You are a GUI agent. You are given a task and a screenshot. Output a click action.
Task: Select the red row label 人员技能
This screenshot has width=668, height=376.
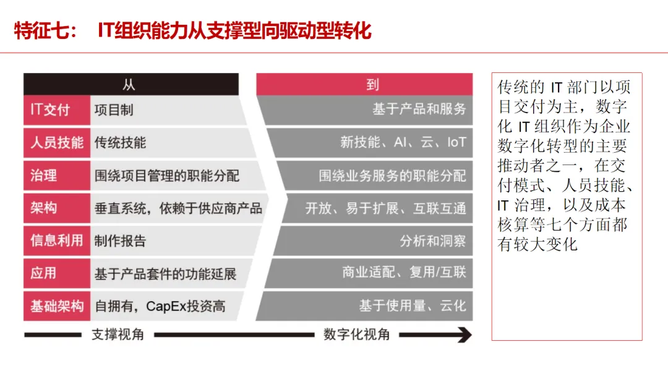click(56, 143)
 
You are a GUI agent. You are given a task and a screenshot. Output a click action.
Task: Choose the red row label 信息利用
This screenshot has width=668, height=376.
click(56, 241)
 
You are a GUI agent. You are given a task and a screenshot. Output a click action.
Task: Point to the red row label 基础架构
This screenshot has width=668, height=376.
click(56, 306)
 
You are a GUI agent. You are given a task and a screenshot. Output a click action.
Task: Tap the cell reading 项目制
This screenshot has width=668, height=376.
click(114, 111)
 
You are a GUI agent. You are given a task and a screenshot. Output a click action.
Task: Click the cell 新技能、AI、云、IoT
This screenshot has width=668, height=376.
click(403, 143)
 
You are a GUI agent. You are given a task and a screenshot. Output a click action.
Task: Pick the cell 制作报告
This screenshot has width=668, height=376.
click(120, 241)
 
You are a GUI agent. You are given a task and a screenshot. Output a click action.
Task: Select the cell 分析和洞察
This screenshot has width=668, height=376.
click(432, 241)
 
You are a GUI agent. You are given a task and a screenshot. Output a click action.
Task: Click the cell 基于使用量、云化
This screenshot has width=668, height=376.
click(412, 306)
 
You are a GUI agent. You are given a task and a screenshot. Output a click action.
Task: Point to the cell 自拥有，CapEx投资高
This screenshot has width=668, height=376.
click(160, 306)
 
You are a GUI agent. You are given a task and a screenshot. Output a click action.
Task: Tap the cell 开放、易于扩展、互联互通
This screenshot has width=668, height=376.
click(385, 208)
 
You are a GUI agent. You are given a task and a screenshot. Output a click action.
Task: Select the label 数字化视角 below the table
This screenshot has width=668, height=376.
click(357, 335)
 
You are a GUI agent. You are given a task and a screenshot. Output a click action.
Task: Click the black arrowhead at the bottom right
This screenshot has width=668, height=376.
click(462, 335)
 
